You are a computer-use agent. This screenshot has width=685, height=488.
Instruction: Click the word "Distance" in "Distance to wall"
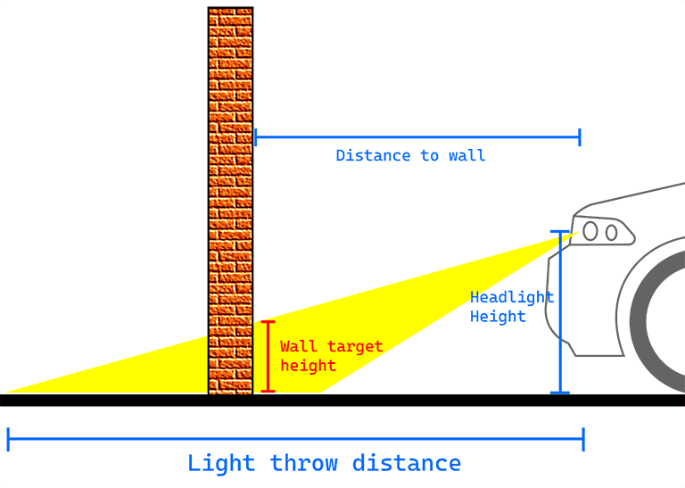(x=362, y=156)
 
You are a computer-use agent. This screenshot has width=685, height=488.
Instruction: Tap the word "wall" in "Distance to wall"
(x=467, y=156)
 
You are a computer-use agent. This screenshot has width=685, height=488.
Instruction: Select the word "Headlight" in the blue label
(x=512, y=297)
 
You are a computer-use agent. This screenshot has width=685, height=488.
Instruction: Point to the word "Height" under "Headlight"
(x=498, y=317)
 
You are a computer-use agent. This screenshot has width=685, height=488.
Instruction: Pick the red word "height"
(x=308, y=366)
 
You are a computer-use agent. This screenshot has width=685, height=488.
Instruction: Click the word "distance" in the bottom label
(x=407, y=464)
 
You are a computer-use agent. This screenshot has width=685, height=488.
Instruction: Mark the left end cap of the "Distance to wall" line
(x=255, y=137)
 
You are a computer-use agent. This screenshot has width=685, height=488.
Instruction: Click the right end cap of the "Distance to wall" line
(x=580, y=137)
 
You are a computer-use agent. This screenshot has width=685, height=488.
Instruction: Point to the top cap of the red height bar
(x=268, y=322)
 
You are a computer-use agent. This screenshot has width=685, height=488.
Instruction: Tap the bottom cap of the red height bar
(x=268, y=391)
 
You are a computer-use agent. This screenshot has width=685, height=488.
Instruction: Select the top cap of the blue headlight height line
(x=560, y=233)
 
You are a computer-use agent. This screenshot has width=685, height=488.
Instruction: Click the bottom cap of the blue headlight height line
(x=560, y=392)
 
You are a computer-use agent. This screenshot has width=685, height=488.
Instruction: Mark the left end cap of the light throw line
(x=8, y=439)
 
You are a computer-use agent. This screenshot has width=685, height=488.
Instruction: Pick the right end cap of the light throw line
(x=583, y=439)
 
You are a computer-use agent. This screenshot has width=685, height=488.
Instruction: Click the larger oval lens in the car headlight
(x=590, y=231)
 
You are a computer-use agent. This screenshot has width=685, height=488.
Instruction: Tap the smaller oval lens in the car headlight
(x=612, y=233)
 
